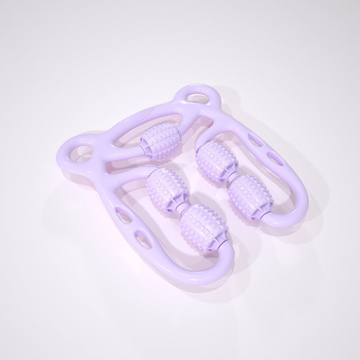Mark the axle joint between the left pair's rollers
click(x=180, y=205)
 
